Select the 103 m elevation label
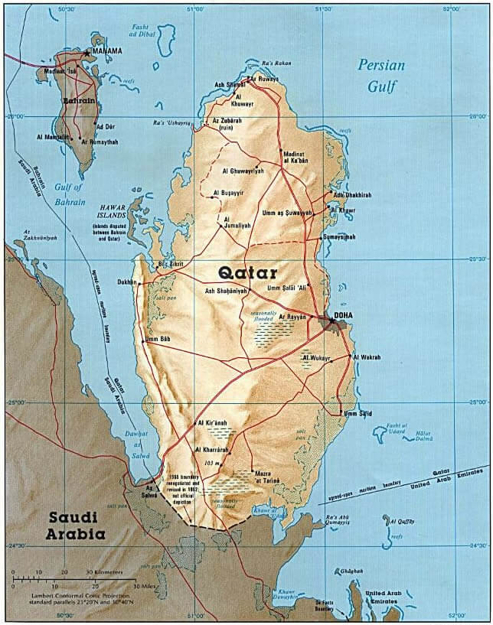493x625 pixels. (212, 464)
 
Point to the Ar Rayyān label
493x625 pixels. (292, 316)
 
